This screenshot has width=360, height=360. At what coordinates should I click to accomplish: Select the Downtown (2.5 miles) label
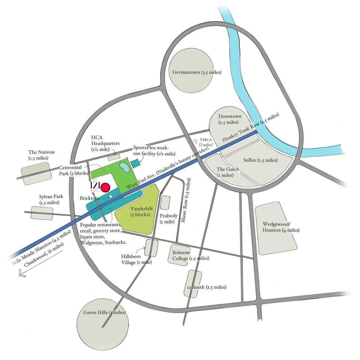point(230,119)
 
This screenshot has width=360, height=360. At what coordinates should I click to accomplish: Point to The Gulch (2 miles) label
point(228,172)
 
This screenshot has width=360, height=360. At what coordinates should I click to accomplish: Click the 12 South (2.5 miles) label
point(206,287)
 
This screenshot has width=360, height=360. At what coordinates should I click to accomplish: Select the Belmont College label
point(191,255)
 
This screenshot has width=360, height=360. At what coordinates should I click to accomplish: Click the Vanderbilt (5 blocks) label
point(140,212)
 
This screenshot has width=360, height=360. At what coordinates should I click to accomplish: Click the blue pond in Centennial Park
point(123,165)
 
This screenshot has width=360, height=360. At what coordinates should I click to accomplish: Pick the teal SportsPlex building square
point(134,164)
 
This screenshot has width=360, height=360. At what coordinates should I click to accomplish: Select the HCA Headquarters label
point(105,143)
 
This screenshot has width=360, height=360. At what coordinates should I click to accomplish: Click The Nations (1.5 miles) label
point(41,155)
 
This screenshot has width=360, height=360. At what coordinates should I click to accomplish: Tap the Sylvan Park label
point(49,199)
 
